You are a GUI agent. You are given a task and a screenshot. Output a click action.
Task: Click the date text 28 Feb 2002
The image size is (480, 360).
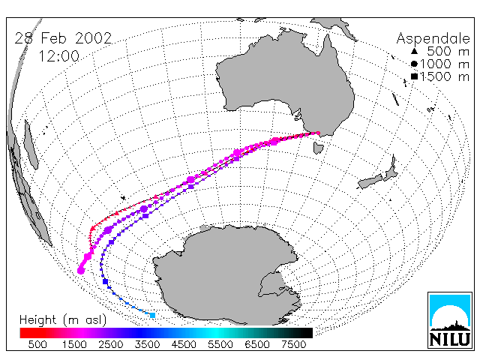pos(63,38)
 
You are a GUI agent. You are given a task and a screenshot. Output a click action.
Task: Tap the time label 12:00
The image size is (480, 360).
pos(59,56)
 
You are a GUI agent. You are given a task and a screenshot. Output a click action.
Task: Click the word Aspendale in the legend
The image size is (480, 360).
pos(433,39)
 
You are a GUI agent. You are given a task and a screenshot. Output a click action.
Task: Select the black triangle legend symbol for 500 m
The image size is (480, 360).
pos(414,52)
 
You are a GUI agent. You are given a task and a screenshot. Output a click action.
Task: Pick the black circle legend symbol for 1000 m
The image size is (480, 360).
pos(414,64)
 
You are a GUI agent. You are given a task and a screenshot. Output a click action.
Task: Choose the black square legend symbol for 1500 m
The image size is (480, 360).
pos(414,76)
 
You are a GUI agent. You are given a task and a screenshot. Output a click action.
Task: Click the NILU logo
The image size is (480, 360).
pos(450,320)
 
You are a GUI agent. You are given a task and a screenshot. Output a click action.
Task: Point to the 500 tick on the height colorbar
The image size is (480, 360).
pos(37,345)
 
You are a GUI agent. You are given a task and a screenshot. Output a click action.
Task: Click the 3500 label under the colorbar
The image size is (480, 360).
pos(147,345)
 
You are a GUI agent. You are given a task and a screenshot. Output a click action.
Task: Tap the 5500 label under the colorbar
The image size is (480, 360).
pos(220,345)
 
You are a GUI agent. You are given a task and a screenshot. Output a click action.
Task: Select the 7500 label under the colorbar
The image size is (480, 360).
pos(293,345)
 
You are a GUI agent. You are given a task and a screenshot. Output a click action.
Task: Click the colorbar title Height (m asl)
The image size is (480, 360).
pos(63,320)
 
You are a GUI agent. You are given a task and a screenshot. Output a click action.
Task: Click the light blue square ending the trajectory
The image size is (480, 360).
pos(152,315)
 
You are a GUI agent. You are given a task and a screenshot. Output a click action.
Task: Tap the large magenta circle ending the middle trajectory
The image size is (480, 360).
pos(81,271)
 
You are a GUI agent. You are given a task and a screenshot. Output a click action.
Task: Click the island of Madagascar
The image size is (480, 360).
pos(31,145)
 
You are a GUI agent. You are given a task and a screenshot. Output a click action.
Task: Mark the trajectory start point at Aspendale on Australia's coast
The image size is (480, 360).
pos(318,133)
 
